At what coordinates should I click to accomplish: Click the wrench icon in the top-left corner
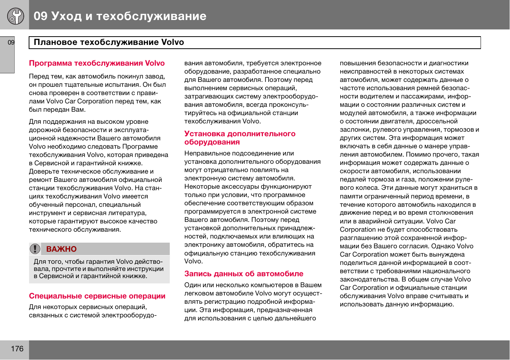tap(15, 16)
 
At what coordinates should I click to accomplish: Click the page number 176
tap(17, 349)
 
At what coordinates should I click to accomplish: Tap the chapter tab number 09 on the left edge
tap(11, 42)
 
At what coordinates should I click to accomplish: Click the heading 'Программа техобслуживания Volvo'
tap(97, 63)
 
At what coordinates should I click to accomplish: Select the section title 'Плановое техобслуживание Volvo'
tap(109, 42)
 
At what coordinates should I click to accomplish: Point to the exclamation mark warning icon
tap(35, 249)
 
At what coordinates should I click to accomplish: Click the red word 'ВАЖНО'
tap(61, 249)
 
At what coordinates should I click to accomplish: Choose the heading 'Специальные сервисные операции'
tap(97, 296)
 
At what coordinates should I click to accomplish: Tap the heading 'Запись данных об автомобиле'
tap(244, 274)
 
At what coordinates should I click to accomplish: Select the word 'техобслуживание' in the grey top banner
tap(151, 16)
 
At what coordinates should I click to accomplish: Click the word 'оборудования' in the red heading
tap(212, 142)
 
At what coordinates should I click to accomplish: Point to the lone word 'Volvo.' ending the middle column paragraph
tap(194, 261)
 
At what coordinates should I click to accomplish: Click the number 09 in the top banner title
tap(40, 16)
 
